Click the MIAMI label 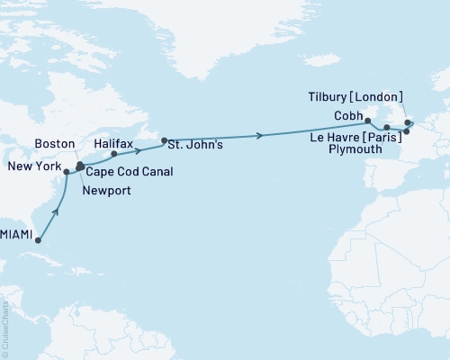pos(17,234)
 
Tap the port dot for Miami pos(39,240)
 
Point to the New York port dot pos(67,171)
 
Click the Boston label pos(53,143)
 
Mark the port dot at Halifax pos(114,153)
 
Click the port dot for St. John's pos(164,140)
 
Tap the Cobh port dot pos(367,118)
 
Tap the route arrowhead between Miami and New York pos(58,213)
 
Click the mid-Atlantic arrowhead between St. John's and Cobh pos(261,136)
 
